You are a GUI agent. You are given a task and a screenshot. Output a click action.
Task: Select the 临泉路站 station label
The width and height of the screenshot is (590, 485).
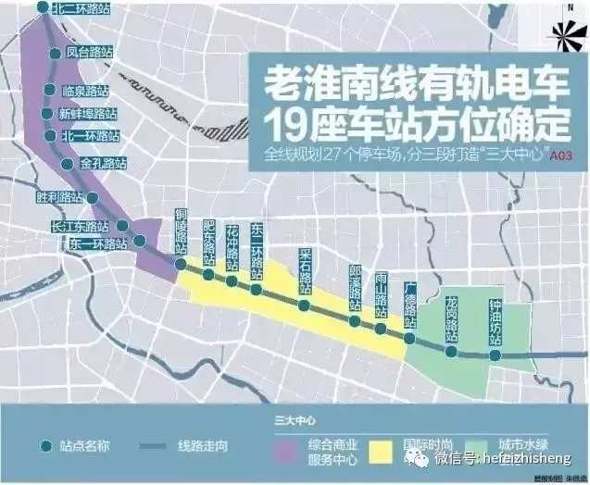click(85, 91)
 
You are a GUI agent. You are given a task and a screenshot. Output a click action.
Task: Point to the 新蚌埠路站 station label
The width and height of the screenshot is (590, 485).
click(89, 114)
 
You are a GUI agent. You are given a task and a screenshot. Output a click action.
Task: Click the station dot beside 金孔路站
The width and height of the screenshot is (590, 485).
click(67, 164)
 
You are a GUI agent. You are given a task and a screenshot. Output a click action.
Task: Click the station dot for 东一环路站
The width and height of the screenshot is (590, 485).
click(139, 242)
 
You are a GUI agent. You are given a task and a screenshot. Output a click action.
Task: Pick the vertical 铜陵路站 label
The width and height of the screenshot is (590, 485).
click(182, 232)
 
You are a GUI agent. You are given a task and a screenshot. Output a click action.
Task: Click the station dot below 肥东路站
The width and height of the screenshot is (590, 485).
click(208, 275)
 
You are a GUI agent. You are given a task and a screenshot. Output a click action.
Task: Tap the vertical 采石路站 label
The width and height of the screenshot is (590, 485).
click(305, 269)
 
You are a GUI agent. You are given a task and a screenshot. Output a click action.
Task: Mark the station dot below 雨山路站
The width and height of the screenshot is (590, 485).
click(381, 328)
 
